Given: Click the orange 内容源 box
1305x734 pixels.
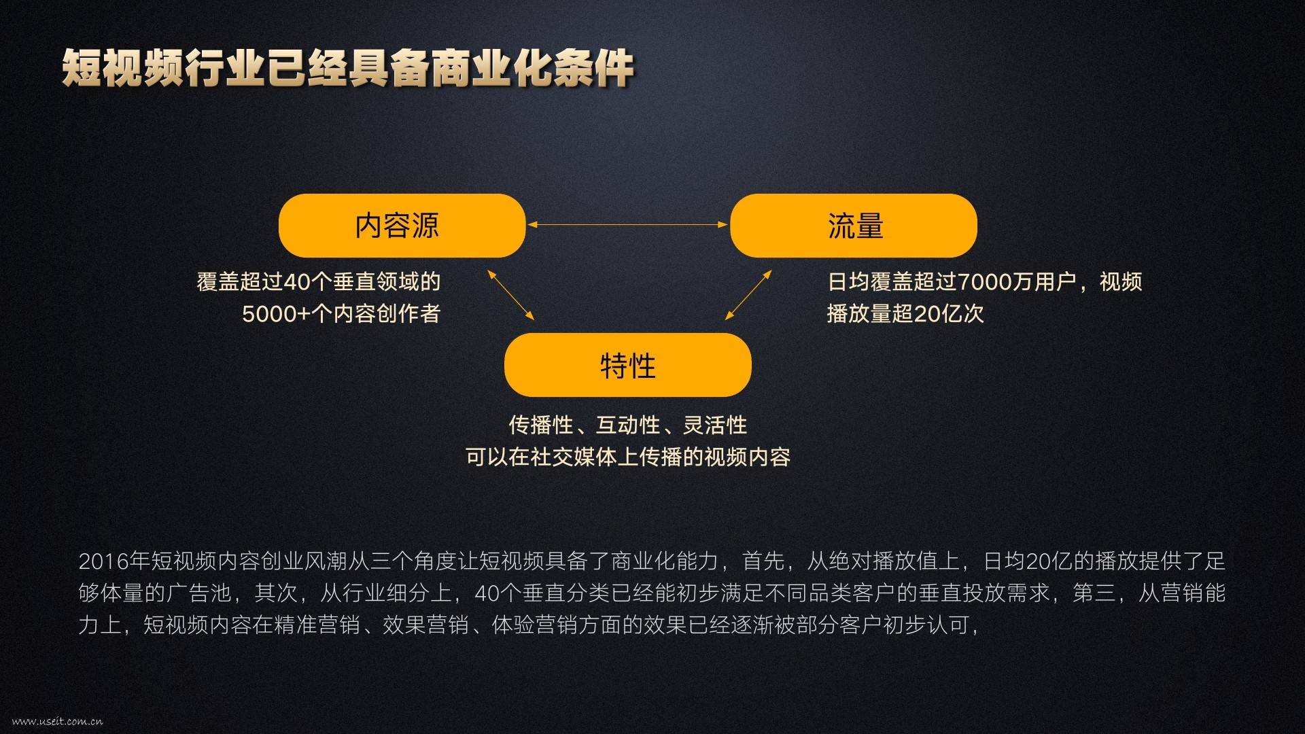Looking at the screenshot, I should point(402,226).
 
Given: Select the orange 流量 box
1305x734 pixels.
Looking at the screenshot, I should point(853,226).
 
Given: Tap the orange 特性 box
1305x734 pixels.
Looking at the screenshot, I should point(627,366).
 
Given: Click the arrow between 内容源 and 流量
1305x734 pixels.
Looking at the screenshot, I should point(627,224).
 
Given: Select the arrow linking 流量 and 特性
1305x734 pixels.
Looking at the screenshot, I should point(748,295).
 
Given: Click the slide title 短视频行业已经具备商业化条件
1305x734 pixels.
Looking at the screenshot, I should point(347,69).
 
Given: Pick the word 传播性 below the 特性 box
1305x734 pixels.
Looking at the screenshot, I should point(541,425).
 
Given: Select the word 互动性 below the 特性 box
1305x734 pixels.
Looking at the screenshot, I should point(628,425).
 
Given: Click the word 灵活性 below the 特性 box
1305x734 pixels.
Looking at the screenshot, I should point(715,425).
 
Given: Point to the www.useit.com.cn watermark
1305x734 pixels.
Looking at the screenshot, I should point(57,721).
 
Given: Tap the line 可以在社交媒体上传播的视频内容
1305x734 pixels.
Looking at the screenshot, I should point(627,457).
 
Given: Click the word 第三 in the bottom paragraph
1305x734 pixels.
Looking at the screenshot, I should point(1094,593).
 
